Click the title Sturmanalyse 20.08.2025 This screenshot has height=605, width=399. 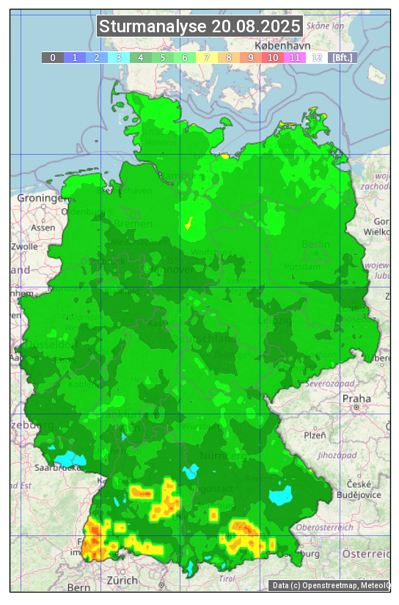point(199,27)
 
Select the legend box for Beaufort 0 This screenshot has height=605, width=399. point(53,57)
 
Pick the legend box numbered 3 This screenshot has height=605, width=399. point(119,57)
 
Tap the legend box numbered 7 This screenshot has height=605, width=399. point(207,57)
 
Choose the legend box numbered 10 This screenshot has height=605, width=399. point(273,57)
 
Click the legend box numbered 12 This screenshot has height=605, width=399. point(317,57)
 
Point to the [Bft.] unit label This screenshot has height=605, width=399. point(342,57)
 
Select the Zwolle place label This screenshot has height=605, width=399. point(24,246)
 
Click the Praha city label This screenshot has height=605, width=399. point(351,398)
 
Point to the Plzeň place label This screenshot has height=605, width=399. point(315,435)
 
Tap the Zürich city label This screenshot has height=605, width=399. point(122,580)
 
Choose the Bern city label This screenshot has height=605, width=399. point(78,587)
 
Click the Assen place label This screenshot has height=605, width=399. point(43,227)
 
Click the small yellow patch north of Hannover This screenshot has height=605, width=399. point(188,222)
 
